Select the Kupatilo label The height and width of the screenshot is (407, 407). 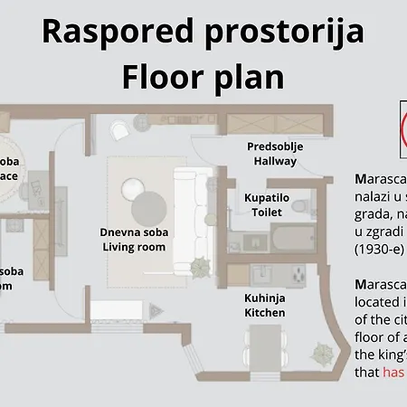(x=266, y=196)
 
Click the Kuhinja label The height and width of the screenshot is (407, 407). (x=265, y=297)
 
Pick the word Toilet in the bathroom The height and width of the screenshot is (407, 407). (x=266, y=212)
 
